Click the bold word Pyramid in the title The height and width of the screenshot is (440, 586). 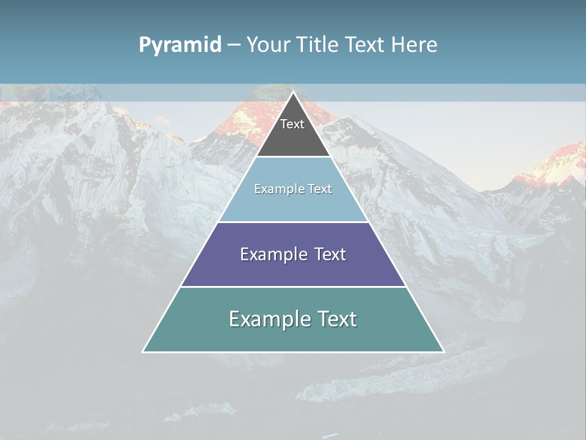[x=179, y=45]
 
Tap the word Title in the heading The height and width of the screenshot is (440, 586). [x=318, y=45]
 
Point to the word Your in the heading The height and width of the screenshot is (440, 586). [x=269, y=45]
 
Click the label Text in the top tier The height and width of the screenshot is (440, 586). [x=292, y=124]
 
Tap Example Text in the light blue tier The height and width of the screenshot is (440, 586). [x=293, y=189]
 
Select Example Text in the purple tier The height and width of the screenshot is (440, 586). [x=293, y=254]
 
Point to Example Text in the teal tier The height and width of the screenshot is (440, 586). [x=293, y=319]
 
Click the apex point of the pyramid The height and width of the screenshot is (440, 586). [x=293, y=92]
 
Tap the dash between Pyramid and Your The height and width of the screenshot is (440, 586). [x=233, y=45]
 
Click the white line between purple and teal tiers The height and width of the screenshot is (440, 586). [x=293, y=287]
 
